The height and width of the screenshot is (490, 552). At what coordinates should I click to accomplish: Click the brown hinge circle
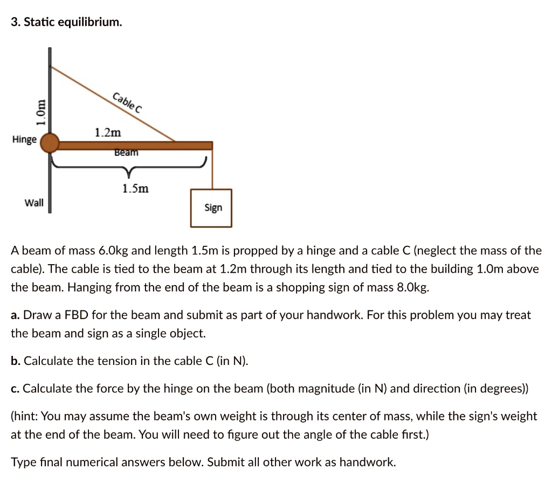click(50, 143)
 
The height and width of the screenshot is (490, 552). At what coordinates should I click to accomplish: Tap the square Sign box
click(211, 208)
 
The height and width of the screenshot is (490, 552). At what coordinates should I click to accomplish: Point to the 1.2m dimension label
click(108, 133)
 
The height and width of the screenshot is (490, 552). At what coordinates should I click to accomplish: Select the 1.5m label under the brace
click(135, 189)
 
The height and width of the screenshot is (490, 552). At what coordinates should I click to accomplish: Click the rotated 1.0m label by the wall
click(39, 113)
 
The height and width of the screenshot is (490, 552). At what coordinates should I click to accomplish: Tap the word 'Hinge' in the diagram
click(24, 140)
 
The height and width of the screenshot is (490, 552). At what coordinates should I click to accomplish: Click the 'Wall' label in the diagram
click(34, 203)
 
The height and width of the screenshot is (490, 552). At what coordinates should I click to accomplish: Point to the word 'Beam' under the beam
click(126, 153)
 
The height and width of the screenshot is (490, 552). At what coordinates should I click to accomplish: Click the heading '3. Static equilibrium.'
click(66, 23)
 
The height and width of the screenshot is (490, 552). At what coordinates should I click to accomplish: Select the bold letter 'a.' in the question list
click(16, 315)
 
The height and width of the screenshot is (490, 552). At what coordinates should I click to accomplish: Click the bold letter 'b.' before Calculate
click(16, 361)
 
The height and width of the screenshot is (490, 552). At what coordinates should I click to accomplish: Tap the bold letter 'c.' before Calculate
click(16, 388)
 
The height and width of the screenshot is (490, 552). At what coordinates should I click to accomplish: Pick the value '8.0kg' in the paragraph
click(412, 287)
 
